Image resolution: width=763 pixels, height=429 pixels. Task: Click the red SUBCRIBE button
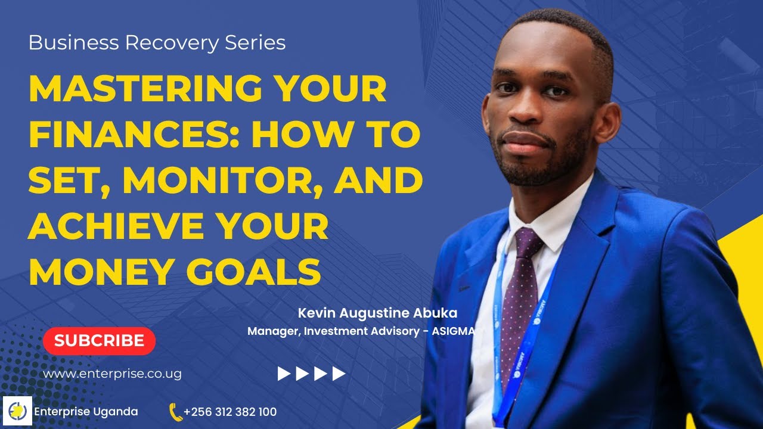(x=99, y=341)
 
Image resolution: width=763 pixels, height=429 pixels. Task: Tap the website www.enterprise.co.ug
(x=112, y=374)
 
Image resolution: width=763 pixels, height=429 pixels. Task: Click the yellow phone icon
(x=175, y=412)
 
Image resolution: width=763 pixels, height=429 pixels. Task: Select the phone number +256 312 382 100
(x=230, y=412)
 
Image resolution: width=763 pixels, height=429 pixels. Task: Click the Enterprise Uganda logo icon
(x=17, y=411)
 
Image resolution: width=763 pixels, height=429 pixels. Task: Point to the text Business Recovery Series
(x=157, y=43)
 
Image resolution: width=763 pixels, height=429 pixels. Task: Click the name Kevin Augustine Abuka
(x=377, y=313)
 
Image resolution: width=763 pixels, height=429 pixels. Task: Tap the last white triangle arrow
(x=339, y=374)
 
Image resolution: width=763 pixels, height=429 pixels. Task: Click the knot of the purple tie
(x=526, y=239)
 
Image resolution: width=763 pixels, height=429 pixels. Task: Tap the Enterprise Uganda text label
(x=86, y=412)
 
